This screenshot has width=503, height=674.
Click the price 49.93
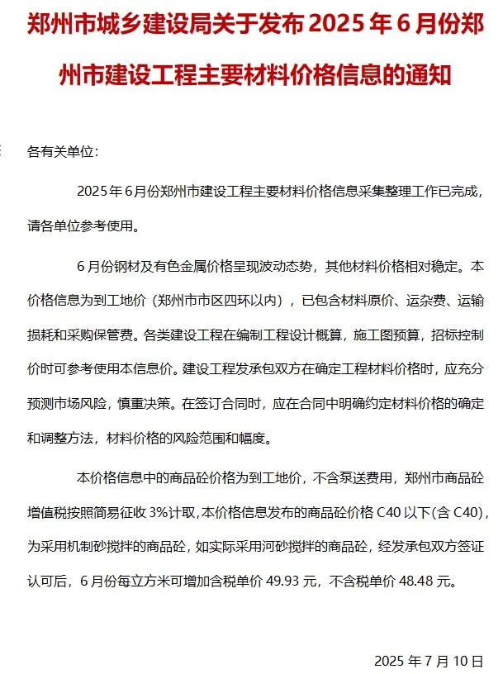point(282,581)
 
